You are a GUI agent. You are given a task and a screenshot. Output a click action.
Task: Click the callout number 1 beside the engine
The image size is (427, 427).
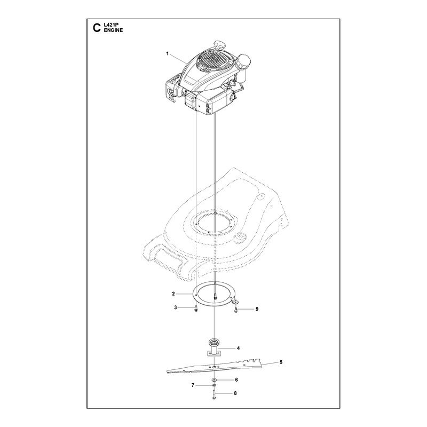pyautogui.click(x=168, y=54)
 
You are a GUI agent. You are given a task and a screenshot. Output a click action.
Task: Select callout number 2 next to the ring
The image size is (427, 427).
pyautogui.click(x=173, y=294)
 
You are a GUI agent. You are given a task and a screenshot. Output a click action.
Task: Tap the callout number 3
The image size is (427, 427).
pyautogui.click(x=176, y=307)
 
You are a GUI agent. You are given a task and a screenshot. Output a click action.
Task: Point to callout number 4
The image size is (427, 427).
pyautogui.click(x=238, y=348)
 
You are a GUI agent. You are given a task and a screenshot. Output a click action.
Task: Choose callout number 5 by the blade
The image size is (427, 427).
pyautogui.click(x=281, y=362)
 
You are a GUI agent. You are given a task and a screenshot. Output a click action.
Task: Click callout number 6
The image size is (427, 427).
pyautogui.click(x=236, y=379)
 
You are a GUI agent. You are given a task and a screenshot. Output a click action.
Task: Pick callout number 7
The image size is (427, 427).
pyautogui.click(x=193, y=385)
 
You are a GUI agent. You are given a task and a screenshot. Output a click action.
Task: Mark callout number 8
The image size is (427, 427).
pyautogui.click(x=235, y=393)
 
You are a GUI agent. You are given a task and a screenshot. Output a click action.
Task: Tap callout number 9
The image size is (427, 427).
pyautogui.click(x=257, y=309)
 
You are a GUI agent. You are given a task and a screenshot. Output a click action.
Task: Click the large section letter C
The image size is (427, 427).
pyautogui.click(x=97, y=28)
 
